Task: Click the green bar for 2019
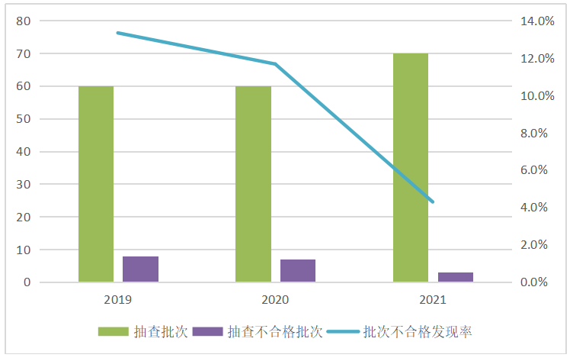click(96, 184)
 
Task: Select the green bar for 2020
click(253, 184)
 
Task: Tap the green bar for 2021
click(411, 168)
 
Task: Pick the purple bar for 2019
click(140, 269)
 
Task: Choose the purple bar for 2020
click(297, 271)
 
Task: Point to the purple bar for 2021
click(455, 277)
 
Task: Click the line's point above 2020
click(275, 63)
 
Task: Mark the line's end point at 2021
click(433, 202)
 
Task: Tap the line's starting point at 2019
click(118, 33)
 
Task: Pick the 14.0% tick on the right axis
click(537, 21)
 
